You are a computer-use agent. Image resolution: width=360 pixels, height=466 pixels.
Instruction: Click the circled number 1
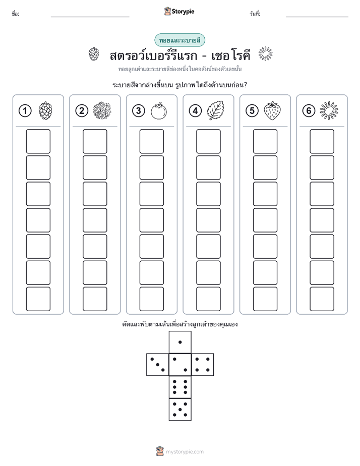point(25,111)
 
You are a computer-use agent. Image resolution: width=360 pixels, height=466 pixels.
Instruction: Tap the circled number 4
point(195,111)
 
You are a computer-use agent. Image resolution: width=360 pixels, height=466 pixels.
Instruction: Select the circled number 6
point(309,111)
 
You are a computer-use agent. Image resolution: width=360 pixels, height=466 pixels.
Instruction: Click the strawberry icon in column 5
point(272,110)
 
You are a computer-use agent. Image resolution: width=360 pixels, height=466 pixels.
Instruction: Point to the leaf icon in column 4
point(215,110)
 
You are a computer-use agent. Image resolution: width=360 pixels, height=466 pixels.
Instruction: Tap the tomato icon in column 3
point(159,111)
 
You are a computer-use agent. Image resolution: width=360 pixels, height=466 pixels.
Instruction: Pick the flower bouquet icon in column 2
point(102,111)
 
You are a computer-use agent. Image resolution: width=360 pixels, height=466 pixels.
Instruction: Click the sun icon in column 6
point(329,111)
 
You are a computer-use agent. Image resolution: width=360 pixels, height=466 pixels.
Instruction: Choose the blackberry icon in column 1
point(45,111)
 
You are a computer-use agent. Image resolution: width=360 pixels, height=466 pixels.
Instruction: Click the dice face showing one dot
point(180,342)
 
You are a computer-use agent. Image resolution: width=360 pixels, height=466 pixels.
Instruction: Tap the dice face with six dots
point(180,387)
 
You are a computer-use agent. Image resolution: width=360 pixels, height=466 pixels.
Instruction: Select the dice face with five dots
point(180,410)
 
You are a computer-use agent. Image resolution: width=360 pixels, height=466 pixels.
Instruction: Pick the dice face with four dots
point(203,365)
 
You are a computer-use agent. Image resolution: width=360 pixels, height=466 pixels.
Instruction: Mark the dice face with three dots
point(158,365)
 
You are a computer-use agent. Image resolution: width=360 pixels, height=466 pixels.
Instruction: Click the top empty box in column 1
point(38,141)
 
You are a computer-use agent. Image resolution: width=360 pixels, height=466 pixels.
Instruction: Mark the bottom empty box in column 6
point(322,299)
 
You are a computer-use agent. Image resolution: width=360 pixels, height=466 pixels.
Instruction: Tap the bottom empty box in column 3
point(151,299)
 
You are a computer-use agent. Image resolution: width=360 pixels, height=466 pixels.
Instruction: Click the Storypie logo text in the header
point(183,12)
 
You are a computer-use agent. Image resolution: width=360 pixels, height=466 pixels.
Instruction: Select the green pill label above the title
point(179,40)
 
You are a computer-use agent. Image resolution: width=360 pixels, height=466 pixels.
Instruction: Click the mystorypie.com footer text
point(185,452)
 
